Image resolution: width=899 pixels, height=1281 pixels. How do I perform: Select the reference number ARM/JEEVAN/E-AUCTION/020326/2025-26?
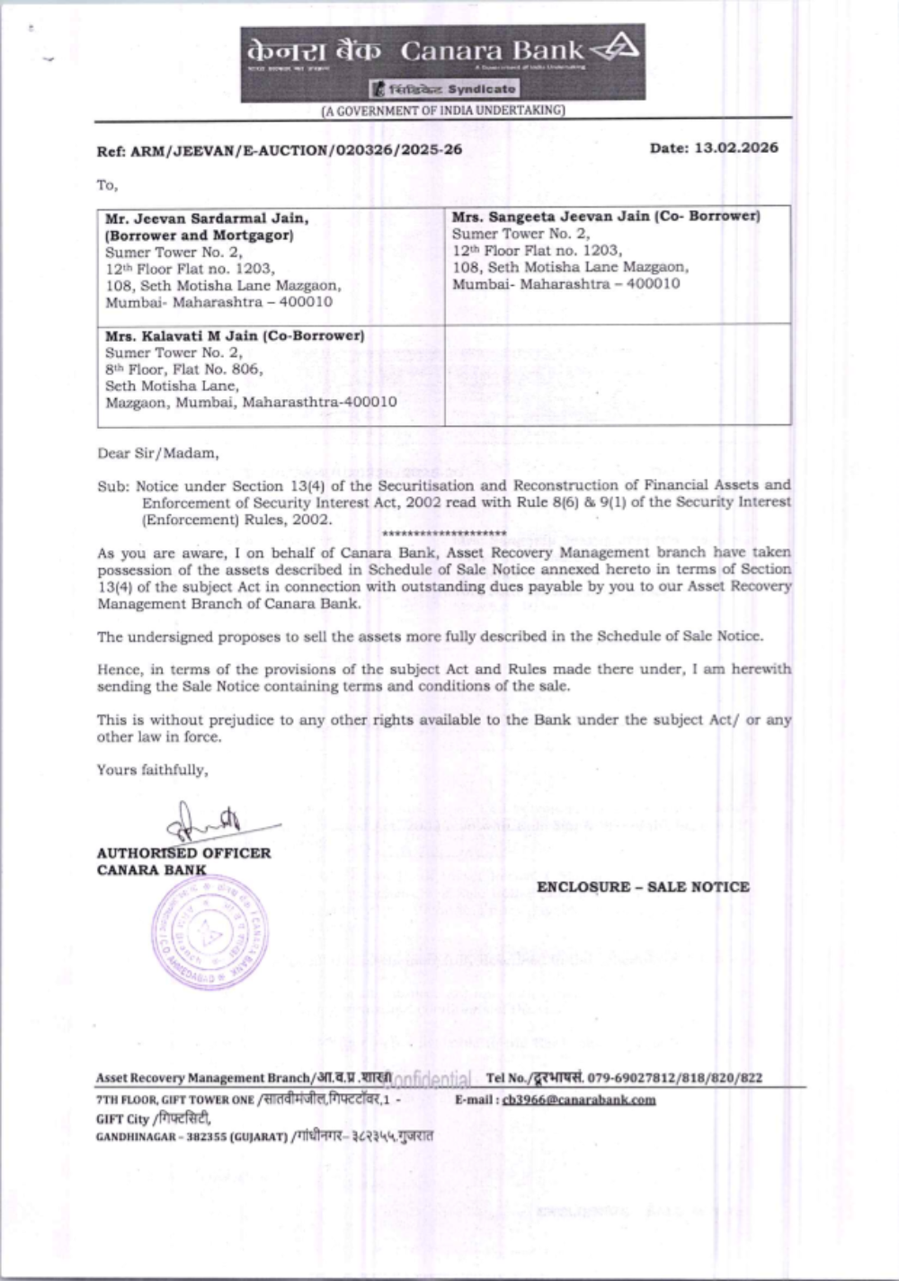point(296,150)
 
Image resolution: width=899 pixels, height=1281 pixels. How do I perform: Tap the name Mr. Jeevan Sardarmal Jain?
point(208,218)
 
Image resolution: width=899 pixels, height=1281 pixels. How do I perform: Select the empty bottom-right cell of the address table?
point(618,374)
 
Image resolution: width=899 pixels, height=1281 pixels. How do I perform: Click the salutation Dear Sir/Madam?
point(157,453)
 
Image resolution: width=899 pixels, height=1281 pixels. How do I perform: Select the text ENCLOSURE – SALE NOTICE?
point(643,887)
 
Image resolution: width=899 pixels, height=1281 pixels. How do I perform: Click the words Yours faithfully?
point(152,769)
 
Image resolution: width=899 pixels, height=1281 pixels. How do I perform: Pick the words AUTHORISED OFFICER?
point(183,853)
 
